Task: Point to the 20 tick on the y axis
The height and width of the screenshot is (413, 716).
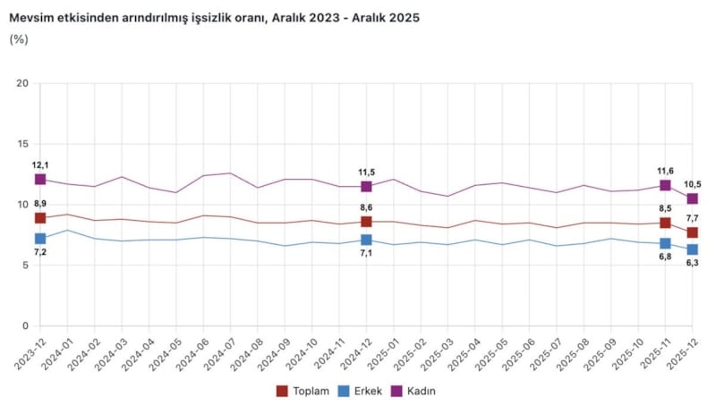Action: (x=23, y=83)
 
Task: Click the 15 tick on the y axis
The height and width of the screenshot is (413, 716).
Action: (x=23, y=144)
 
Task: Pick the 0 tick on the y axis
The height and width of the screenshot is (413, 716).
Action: (x=27, y=326)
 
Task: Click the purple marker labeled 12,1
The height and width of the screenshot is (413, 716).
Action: (x=40, y=180)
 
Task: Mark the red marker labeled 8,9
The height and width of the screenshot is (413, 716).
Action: (x=40, y=218)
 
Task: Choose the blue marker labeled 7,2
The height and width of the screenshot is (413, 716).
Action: (x=40, y=239)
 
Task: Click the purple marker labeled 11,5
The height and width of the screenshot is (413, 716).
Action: (x=366, y=186)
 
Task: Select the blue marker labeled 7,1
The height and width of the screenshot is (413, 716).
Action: (x=366, y=240)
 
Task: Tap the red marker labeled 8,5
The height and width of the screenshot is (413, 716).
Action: (x=665, y=223)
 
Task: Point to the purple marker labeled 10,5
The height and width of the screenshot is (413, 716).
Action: (x=693, y=198)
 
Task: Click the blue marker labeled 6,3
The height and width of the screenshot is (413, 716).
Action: (x=693, y=249)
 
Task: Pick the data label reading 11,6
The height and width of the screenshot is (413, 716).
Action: (x=666, y=171)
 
